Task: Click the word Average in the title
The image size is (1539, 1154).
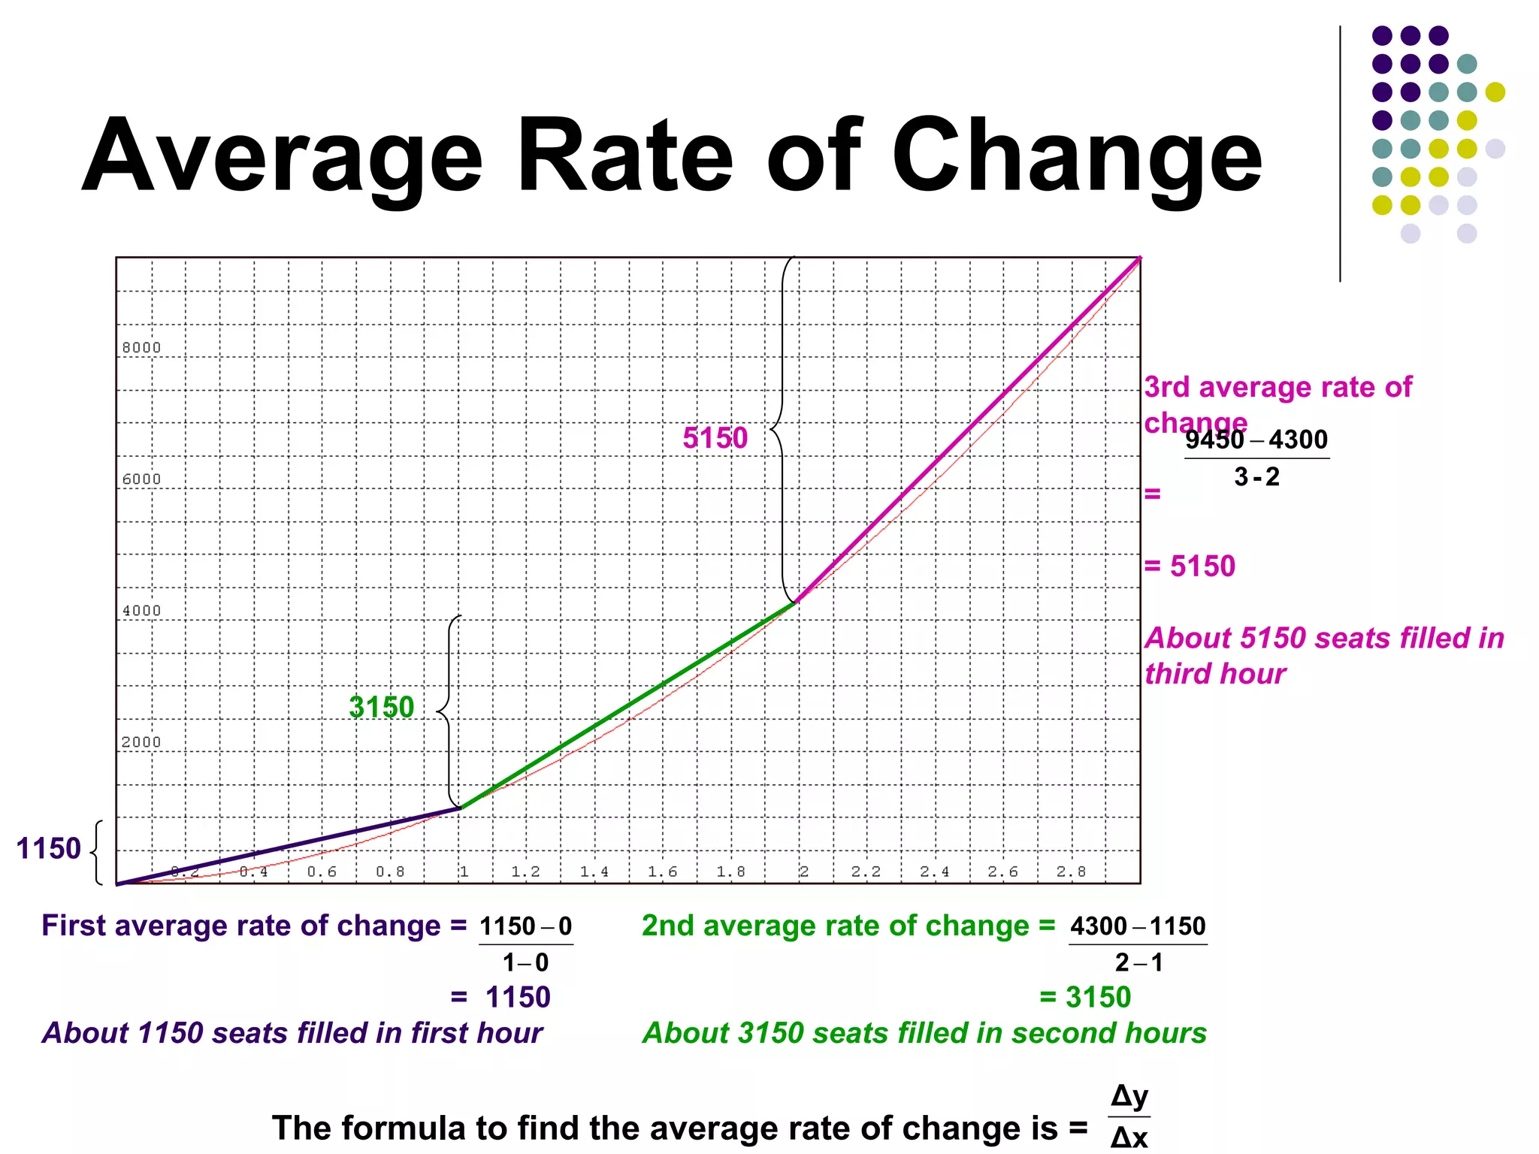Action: [282, 158]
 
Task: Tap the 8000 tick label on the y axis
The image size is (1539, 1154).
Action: [141, 348]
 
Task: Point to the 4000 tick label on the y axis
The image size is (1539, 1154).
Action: [141, 611]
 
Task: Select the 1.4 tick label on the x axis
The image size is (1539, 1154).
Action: [594, 872]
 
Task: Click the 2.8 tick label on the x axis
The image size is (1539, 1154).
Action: [1071, 872]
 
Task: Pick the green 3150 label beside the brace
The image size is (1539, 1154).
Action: [382, 707]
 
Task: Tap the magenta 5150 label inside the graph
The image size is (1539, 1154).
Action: [715, 438]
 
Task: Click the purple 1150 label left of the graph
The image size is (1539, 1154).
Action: [48, 849]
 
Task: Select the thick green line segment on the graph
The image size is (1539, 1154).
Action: [627, 706]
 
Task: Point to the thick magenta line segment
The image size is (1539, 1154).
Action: [969, 428]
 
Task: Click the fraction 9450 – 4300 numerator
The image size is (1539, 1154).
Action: [1256, 440]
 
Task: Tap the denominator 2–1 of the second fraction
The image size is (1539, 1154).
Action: [1138, 962]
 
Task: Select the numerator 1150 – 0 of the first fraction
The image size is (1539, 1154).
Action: [526, 926]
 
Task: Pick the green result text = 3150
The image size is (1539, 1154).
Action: [1085, 998]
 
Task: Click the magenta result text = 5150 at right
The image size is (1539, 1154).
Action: [1190, 566]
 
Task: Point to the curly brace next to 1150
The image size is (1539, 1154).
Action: [96, 853]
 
